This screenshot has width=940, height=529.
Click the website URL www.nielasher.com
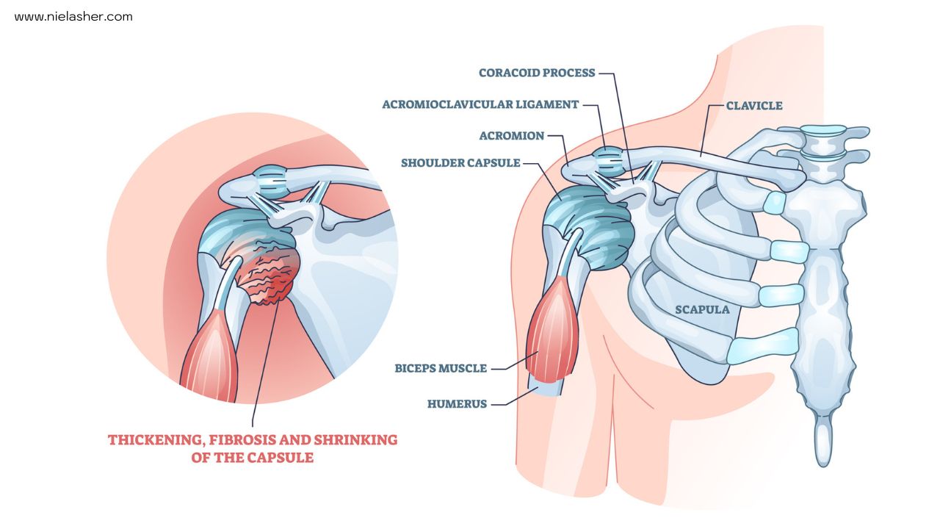[x=73, y=16]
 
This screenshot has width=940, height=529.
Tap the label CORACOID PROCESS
[x=536, y=73]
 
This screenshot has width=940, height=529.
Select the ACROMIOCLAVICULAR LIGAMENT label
[x=480, y=104]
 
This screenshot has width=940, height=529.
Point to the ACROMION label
[x=511, y=136]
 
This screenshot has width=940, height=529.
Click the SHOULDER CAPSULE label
[x=460, y=162]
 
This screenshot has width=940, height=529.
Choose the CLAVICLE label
[x=753, y=106]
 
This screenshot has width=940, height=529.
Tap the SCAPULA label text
[x=702, y=309]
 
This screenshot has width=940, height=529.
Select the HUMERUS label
[x=457, y=403]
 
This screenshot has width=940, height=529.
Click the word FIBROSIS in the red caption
[x=236, y=440]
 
